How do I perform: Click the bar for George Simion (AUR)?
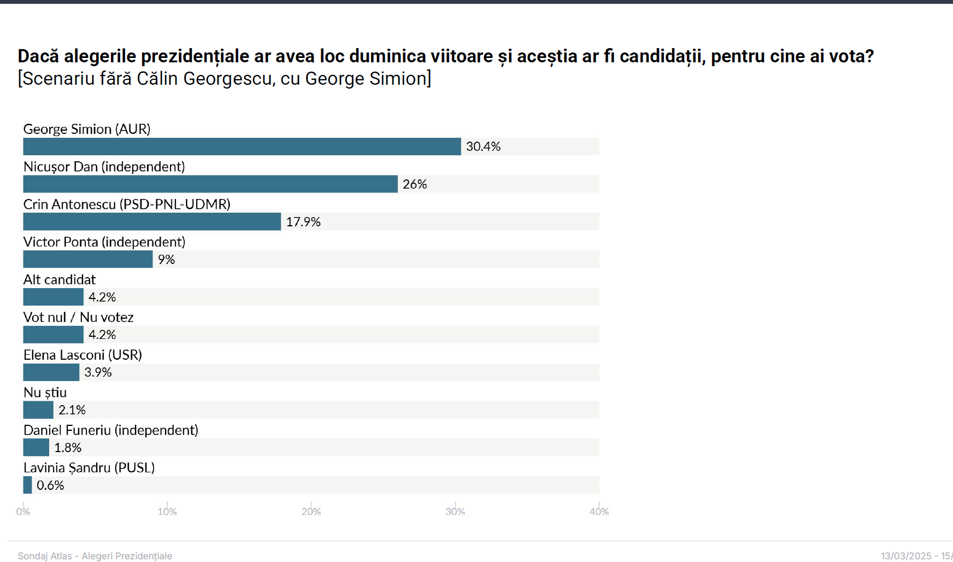click(x=242, y=147)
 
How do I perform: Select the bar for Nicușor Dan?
click(x=210, y=184)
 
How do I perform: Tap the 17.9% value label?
click(x=303, y=222)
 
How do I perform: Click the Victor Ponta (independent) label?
click(x=104, y=242)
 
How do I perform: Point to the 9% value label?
click(x=166, y=260)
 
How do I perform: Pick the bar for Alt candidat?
click(x=53, y=297)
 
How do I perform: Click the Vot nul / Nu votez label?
click(x=78, y=317)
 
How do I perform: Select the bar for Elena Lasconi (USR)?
click(x=51, y=372)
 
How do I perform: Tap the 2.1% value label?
click(x=72, y=410)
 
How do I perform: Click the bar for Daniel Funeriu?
click(x=36, y=447)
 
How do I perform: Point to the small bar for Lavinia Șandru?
click(x=27, y=485)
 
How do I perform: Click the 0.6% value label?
click(x=50, y=485)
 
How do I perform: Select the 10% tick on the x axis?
click(x=167, y=512)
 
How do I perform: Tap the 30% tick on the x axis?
click(x=455, y=512)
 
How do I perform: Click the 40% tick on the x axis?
click(x=599, y=512)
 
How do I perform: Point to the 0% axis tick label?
click(x=23, y=512)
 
